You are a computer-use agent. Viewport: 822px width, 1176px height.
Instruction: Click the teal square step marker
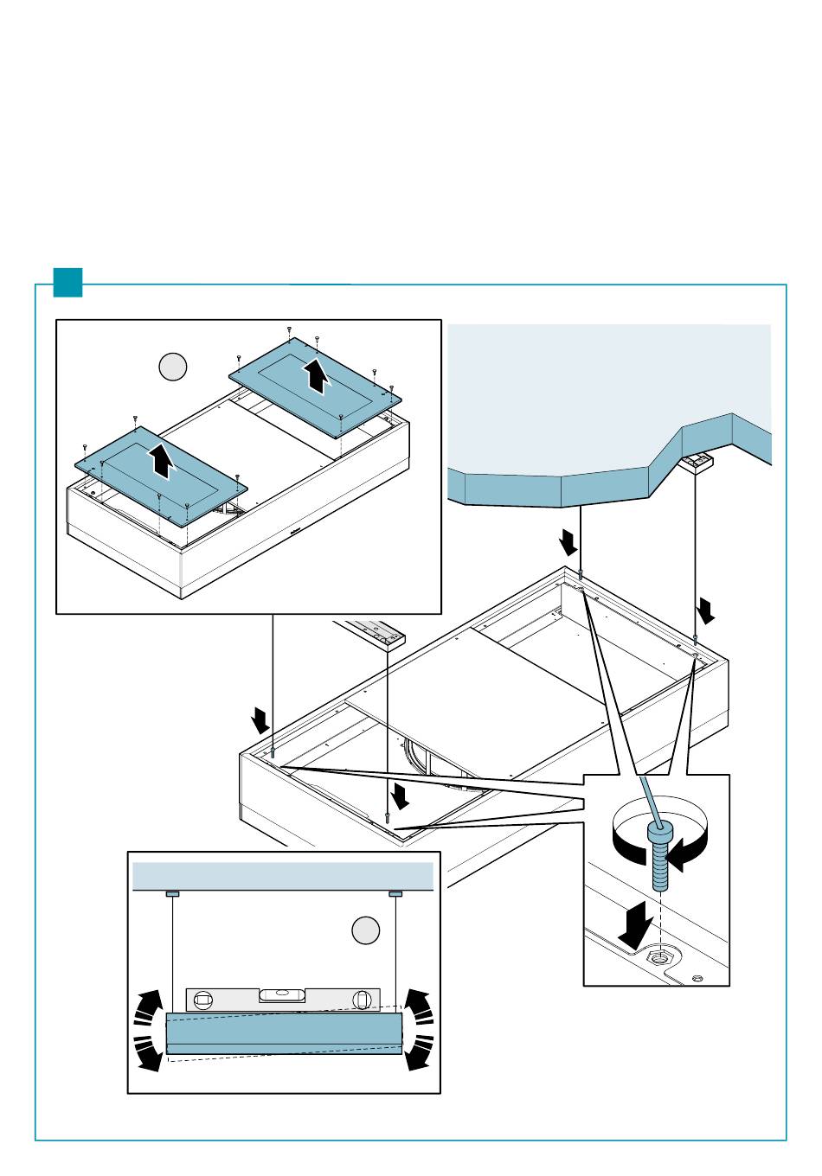(x=67, y=283)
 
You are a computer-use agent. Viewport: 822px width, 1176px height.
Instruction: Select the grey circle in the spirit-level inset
(x=366, y=930)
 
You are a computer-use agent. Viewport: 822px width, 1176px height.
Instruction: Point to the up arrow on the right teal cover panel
(x=318, y=376)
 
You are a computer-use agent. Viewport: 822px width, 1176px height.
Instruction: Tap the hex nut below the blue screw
(x=661, y=956)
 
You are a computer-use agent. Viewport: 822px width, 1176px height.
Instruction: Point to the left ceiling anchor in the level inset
(x=172, y=893)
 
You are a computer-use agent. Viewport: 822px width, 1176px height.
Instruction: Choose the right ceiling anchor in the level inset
(x=396, y=893)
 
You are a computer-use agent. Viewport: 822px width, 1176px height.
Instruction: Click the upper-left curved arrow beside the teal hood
(x=149, y=1005)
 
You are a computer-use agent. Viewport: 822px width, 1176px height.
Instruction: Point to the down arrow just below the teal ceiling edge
(x=568, y=542)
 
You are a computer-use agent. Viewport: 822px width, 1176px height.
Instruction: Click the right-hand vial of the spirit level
(x=362, y=1000)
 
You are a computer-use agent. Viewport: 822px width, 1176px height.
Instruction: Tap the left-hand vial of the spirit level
(x=203, y=1000)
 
